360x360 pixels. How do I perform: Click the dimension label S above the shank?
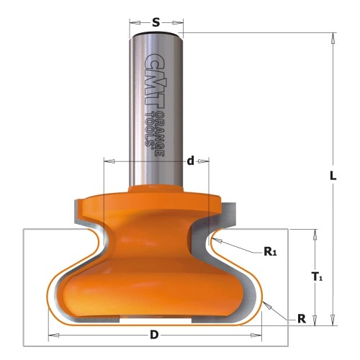[x=156, y=22]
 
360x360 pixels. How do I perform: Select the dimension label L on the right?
[x=333, y=176]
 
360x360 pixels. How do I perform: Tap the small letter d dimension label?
[x=190, y=161]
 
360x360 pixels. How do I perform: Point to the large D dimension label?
[x=154, y=335]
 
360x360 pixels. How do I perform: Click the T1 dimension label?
[x=317, y=276]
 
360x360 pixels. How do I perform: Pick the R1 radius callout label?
[x=271, y=251]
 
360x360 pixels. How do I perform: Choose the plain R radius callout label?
[x=302, y=319]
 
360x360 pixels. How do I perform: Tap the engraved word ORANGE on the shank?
[x=159, y=134]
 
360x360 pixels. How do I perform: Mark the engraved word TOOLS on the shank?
[x=150, y=129]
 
